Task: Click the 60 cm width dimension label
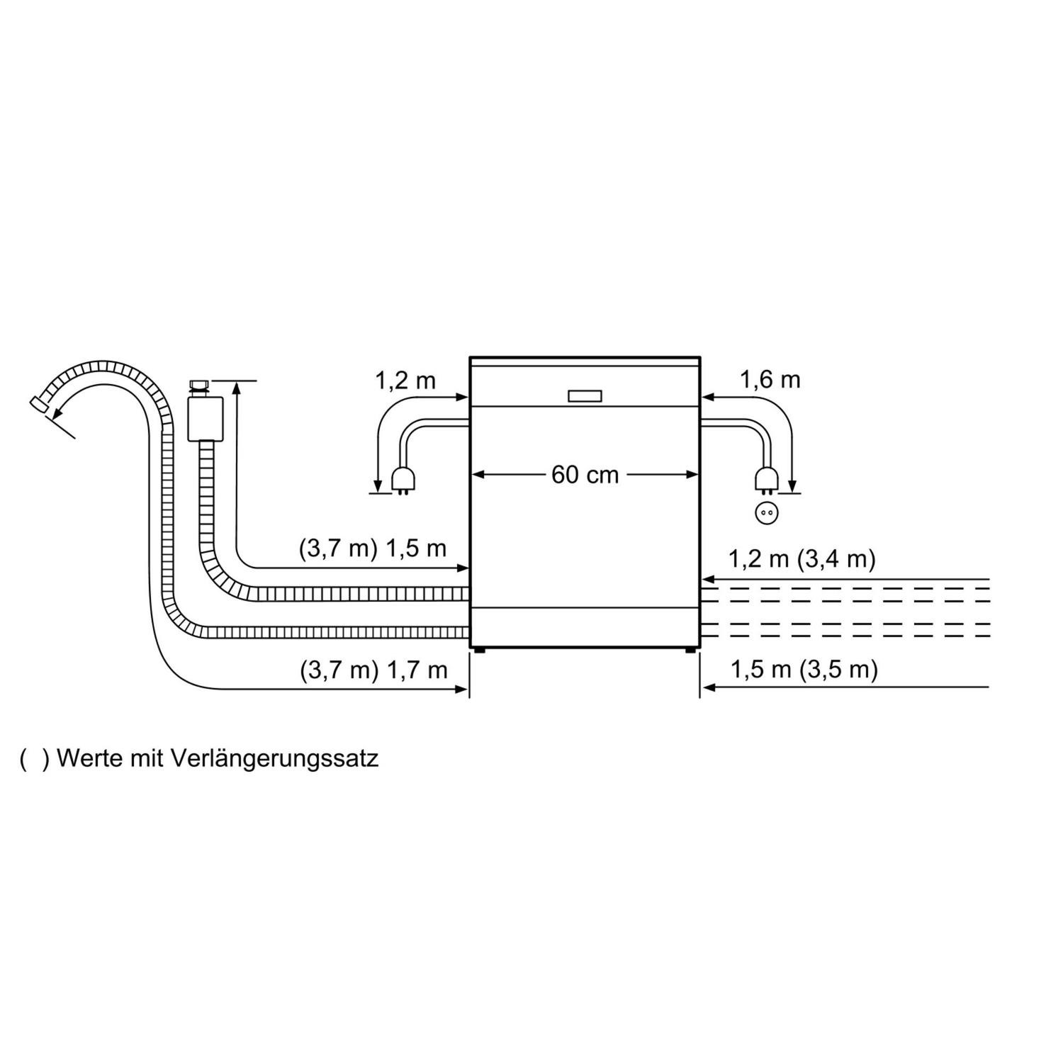tap(585, 475)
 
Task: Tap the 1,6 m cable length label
tap(770, 381)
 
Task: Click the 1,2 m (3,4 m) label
tap(802, 559)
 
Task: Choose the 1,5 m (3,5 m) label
tap(804, 669)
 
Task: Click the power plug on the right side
tap(765, 480)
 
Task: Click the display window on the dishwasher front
tap(585, 396)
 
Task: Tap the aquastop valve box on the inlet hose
tap(206, 418)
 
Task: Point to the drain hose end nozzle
tap(39, 404)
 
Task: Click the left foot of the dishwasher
tap(481, 649)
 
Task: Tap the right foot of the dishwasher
tap(690, 649)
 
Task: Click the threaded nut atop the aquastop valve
tap(198, 387)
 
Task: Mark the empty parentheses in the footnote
tap(33, 759)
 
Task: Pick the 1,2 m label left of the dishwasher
tap(405, 381)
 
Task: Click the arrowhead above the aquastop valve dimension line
tap(235, 386)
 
